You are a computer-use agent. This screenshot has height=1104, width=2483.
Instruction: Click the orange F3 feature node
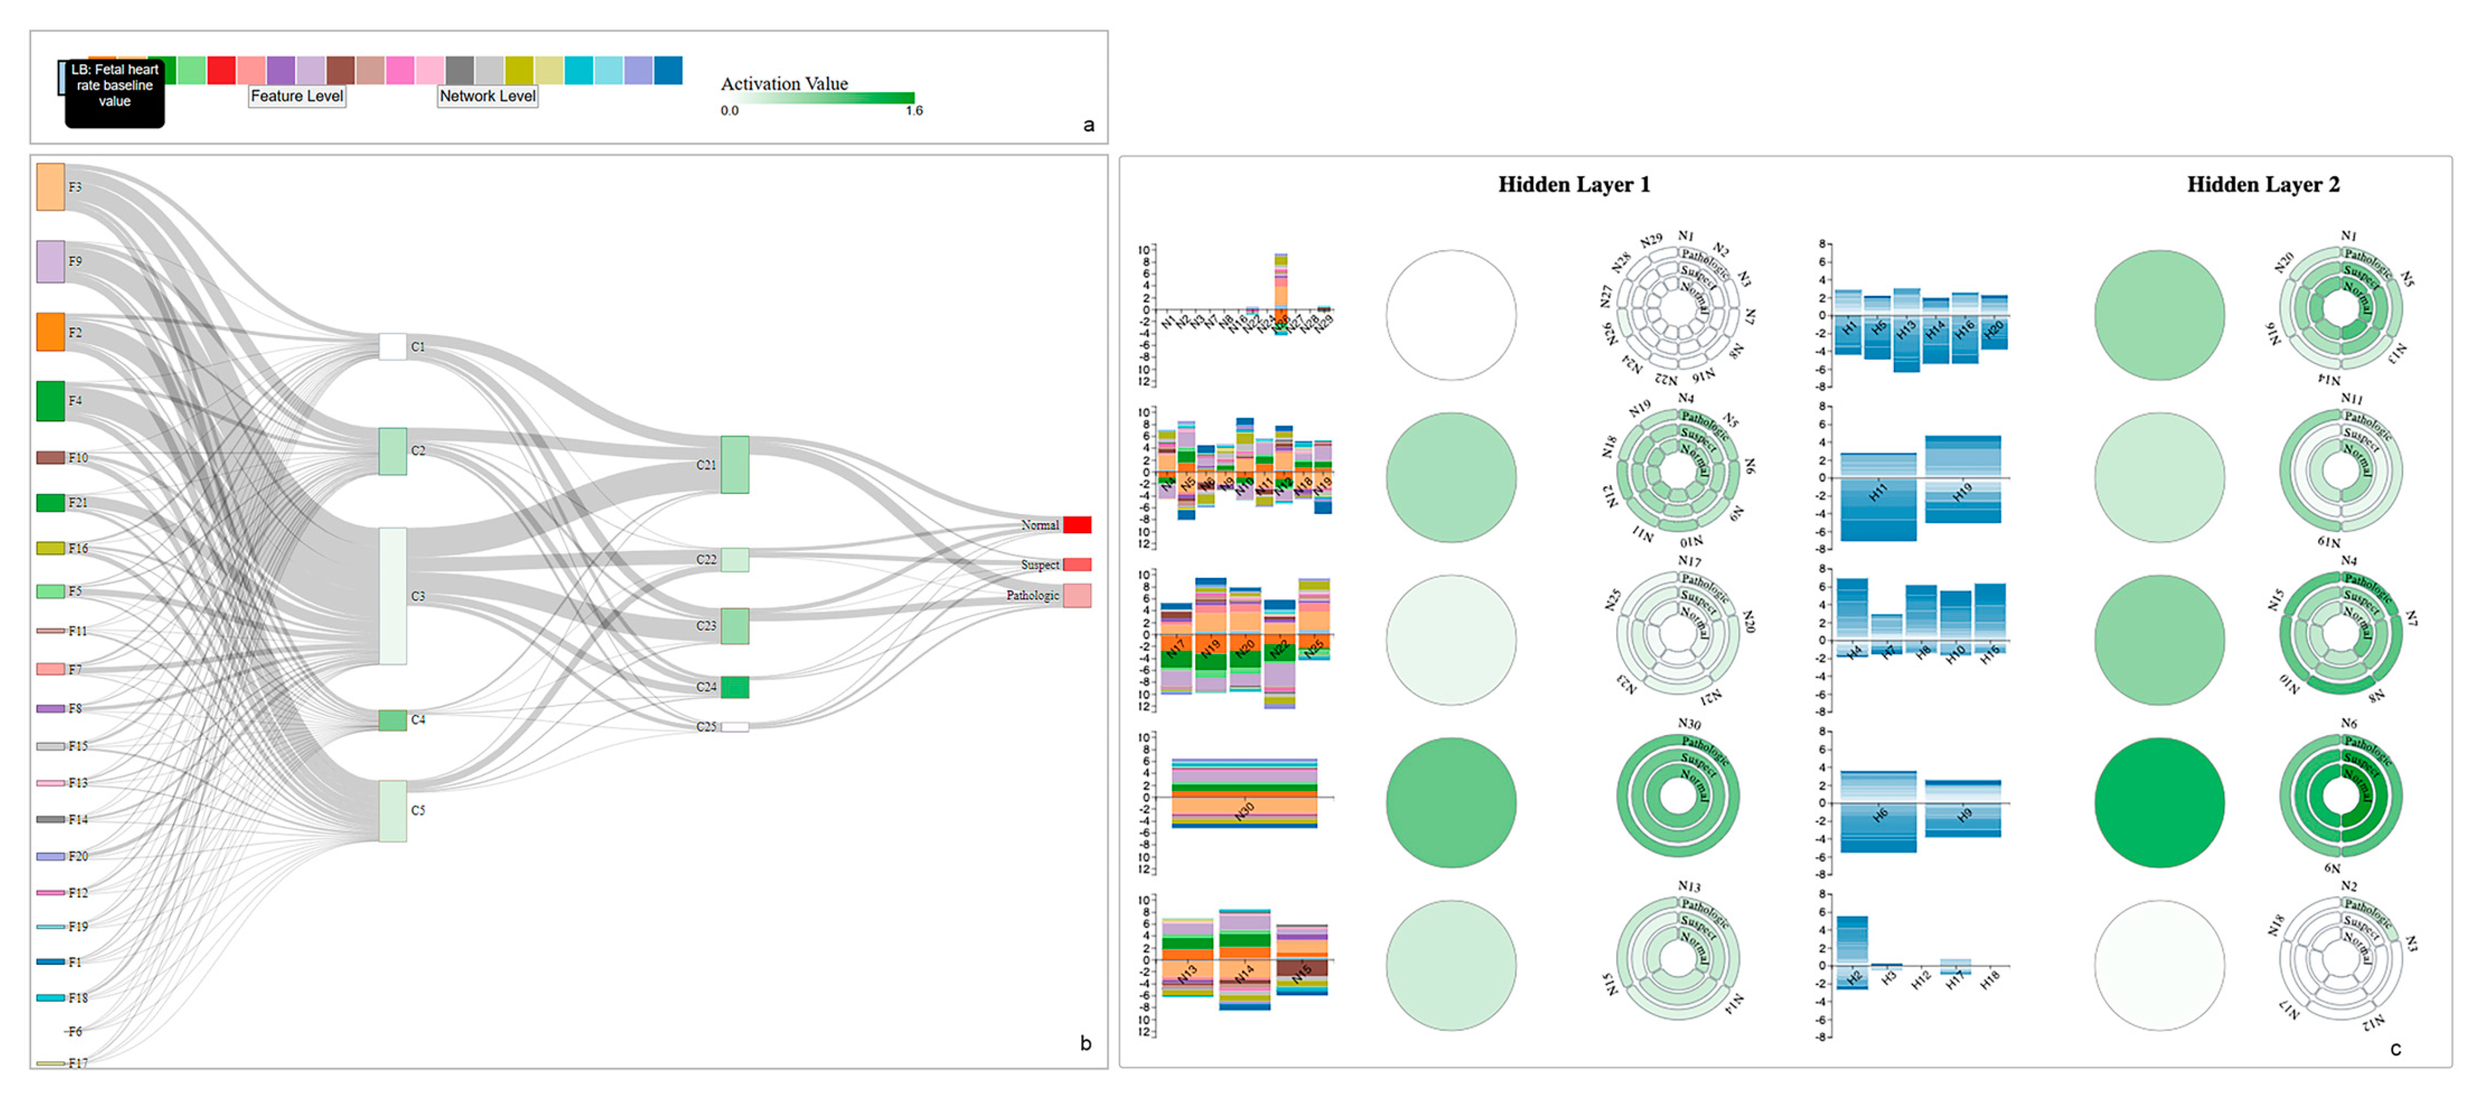pos(50,186)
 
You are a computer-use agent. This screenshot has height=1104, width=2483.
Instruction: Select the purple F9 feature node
pos(50,261)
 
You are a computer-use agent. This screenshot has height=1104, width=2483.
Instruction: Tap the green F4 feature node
pos(50,401)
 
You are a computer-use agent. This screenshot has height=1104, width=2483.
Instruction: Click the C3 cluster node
pos(392,595)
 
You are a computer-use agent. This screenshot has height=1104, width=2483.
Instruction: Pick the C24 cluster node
pos(734,687)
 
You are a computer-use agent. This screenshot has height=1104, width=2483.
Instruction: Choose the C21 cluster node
pos(734,465)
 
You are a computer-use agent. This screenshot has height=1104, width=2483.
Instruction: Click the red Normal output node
pos(1076,524)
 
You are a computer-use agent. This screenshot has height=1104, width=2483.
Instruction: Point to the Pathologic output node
pos(1076,595)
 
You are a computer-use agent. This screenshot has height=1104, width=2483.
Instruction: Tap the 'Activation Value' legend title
pos(784,84)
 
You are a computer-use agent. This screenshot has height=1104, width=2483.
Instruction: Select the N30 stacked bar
pos(1244,793)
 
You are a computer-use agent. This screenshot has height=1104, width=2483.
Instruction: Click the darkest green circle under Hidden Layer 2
pos(2159,802)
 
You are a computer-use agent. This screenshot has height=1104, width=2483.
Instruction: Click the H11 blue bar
pos(1878,496)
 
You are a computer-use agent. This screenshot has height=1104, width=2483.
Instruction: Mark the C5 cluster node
pos(392,811)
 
